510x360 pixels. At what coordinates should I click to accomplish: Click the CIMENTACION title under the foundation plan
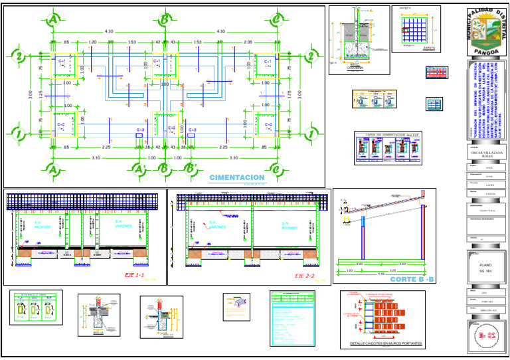(x=236, y=178)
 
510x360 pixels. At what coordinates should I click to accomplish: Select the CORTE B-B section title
(x=412, y=280)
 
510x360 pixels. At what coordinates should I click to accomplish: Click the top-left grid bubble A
(x=52, y=21)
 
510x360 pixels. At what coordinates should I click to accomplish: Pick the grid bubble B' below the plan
(x=191, y=170)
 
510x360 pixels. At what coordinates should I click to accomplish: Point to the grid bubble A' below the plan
(x=139, y=170)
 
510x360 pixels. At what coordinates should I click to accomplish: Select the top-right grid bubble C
(x=276, y=21)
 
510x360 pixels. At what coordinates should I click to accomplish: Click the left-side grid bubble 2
(x=19, y=56)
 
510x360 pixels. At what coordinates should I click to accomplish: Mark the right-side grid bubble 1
(x=309, y=135)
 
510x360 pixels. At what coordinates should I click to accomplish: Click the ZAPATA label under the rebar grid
(x=416, y=48)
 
